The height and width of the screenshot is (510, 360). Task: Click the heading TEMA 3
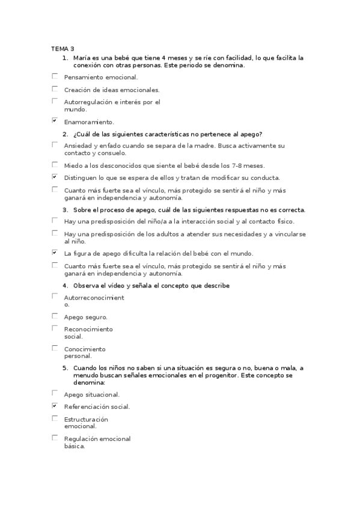click(x=63, y=49)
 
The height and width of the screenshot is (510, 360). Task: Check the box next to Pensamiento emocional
click(x=55, y=76)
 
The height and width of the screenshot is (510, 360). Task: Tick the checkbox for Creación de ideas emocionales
click(x=55, y=89)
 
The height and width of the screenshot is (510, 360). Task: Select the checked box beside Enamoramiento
click(x=55, y=121)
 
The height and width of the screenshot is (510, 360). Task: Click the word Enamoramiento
click(x=89, y=122)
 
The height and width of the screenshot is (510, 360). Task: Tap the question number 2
click(x=65, y=134)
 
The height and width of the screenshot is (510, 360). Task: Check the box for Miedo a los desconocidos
click(x=55, y=164)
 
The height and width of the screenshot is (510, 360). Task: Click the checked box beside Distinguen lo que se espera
click(x=55, y=177)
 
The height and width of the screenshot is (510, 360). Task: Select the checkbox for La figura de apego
click(x=55, y=253)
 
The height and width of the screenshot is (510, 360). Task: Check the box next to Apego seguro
click(x=55, y=316)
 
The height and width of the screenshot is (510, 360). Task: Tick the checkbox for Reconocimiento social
click(x=55, y=328)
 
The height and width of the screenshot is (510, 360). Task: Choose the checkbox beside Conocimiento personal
click(x=55, y=348)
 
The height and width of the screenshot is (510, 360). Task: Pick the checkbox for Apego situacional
click(x=55, y=393)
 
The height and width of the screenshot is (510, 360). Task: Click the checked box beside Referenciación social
click(x=55, y=406)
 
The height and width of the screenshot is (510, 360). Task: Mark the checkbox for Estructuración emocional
click(x=55, y=418)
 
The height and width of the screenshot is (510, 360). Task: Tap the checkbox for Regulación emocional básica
click(x=55, y=438)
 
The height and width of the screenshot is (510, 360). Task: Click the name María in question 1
click(x=82, y=58)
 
